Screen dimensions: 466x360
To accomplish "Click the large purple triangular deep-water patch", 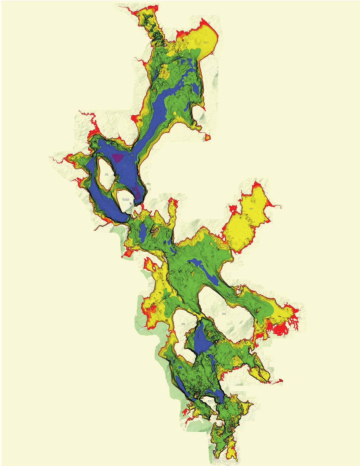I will tap(117, 157).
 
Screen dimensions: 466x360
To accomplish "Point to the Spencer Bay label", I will tap(252, 208).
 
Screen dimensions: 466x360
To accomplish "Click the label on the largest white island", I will tap(224, 314).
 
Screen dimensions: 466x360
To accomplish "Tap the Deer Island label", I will tap(183, 324).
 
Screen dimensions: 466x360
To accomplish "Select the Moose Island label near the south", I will tap(209, 401).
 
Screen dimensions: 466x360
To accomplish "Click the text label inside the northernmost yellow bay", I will tap(206, 42).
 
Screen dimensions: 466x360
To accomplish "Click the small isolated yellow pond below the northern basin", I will tap(208, 137).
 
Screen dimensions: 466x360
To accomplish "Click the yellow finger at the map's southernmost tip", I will tap(230, 452).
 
